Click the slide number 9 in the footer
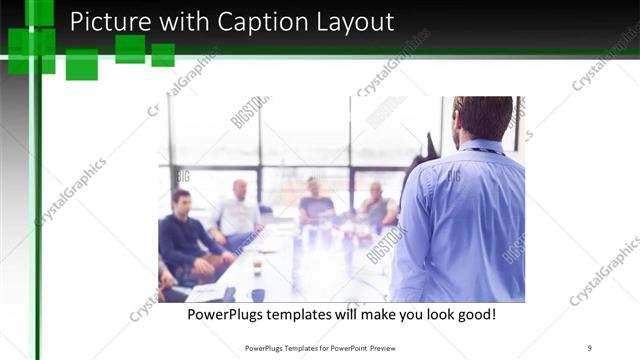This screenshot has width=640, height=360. (x=590, y=348)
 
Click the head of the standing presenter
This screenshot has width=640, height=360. (x=483, y=118)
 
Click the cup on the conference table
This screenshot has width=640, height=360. (x=257, y=266)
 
